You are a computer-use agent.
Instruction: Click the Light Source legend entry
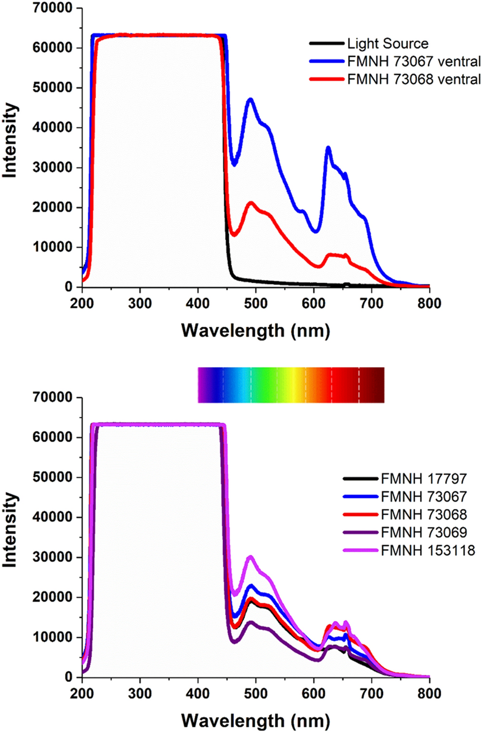point(387,44)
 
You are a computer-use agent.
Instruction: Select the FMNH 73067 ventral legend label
point(414,62)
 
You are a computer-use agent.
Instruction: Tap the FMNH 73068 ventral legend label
point(414,79)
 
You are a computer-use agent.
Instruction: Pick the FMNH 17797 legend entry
point(423,479)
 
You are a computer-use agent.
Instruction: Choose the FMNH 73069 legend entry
point(423,532)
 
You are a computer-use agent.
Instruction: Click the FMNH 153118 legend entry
point(428,550)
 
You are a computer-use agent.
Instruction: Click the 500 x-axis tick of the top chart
point(256,304)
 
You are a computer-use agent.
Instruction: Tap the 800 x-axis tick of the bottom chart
point(429,694)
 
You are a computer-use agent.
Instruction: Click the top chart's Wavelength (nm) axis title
point(256,331)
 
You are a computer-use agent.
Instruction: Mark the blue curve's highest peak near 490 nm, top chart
point(250,99)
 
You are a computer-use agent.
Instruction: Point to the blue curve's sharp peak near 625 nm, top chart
point(328,148)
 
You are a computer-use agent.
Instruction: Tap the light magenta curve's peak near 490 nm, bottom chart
point(250,557)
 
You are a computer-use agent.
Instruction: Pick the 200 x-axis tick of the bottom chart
point(82,694)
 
